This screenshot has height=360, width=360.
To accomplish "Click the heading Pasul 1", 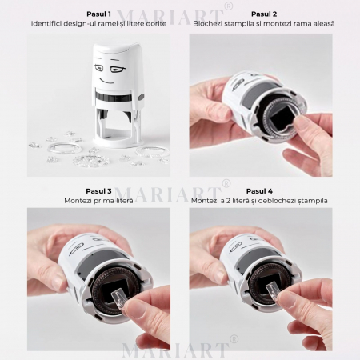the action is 98,14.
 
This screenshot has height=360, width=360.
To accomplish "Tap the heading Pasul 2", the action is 264,14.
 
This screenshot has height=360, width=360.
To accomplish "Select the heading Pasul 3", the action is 98,191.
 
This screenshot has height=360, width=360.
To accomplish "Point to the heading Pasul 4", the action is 259,191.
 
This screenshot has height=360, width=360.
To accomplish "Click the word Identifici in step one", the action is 43,23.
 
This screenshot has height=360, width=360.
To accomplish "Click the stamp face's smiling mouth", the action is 106,80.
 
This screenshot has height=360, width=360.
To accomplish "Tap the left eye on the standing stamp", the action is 98,68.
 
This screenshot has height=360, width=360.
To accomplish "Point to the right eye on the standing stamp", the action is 118,70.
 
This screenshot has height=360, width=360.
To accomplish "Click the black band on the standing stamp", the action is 114,97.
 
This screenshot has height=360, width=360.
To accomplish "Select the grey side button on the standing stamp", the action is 141,97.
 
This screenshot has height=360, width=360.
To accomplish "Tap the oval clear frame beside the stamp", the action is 64,147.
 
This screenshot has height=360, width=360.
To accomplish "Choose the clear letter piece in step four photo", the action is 274,291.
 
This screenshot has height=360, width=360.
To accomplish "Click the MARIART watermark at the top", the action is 170,17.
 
